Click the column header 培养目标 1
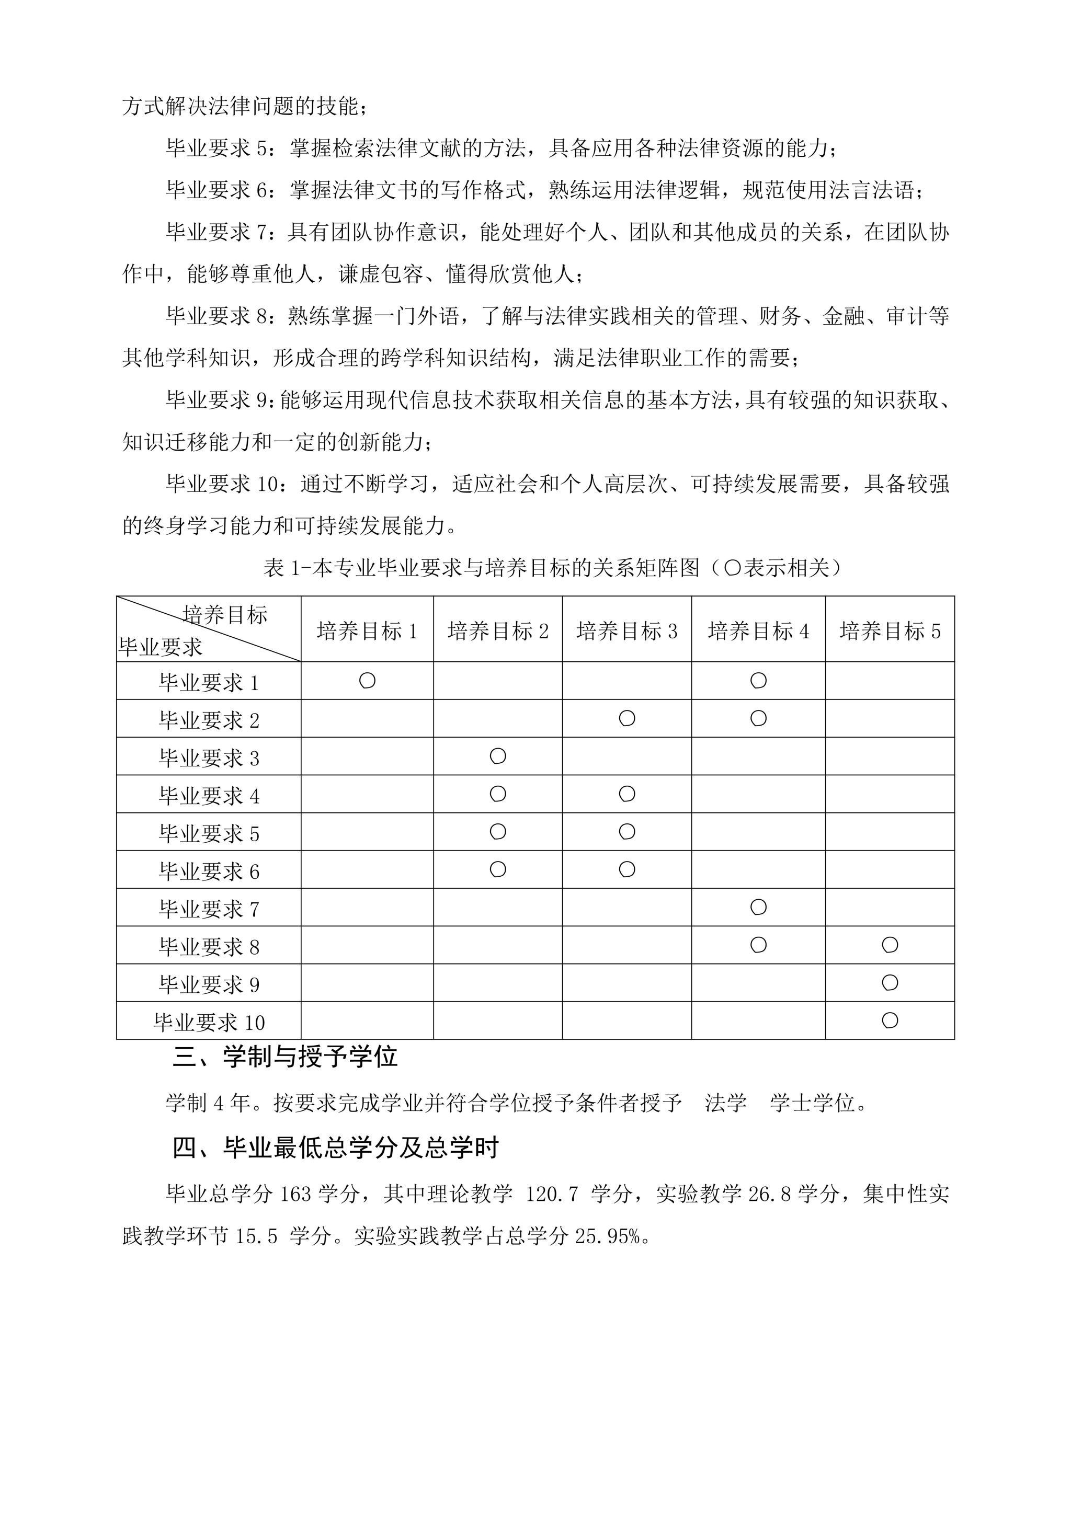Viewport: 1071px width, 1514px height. (x=367, y=631)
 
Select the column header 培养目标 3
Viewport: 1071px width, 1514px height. (x=626, y=631)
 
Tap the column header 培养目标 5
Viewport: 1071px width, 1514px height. (x=890, y=631)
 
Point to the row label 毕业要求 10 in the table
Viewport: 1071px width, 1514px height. (x=209, y=1022)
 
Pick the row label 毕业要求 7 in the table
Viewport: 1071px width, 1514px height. (x=209, y=909)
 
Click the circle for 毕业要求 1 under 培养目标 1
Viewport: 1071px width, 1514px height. (x=367, y=681)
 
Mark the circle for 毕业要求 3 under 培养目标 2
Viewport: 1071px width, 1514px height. (x=498, y=755)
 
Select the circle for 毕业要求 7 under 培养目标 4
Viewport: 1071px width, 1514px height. (x=758, y=908)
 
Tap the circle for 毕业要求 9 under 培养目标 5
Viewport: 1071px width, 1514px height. (x=890, y=982)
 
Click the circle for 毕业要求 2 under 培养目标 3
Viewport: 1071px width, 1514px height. (x=627, y=718)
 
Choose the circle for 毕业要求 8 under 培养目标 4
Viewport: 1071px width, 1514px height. (x=758, y=945)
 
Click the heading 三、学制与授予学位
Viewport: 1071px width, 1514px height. (x=285, y=1057)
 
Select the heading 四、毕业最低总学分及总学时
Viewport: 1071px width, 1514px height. (x=335, y=1148)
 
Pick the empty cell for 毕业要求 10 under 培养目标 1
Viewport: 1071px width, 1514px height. (x=367, y=1021)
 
